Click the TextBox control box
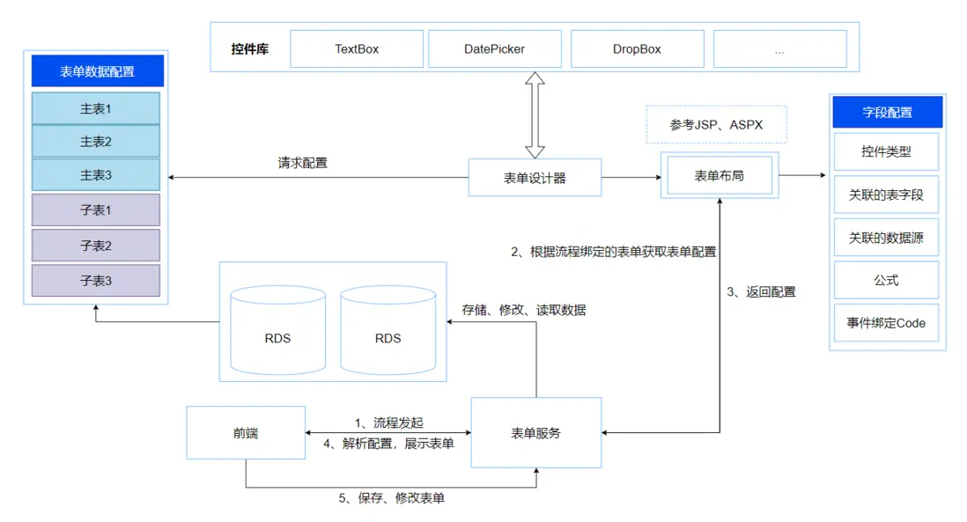point(357,49)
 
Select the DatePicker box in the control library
point(494,49)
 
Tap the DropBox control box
point(637,49)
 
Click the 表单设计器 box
point(535,178)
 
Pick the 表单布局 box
point(719,176)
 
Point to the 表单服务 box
point(535,432)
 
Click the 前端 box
point(246,432)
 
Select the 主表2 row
point(96,142)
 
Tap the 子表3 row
point(96,281)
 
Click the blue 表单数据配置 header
point(97,71)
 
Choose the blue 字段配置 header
point(887,113)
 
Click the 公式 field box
point(886,280)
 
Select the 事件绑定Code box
point(886,322)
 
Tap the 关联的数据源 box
point(886,237)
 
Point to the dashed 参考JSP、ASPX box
point(716,125)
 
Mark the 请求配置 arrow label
point(302,163)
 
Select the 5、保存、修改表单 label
point(392,498)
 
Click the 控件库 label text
point(250,49)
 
